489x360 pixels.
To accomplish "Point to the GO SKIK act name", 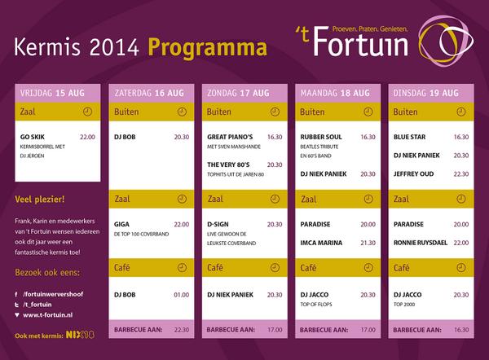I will (32, 137).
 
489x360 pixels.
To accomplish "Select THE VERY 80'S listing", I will (228, 165).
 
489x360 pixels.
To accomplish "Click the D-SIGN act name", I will (219, 224).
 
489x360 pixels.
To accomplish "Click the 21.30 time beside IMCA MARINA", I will (368, 242).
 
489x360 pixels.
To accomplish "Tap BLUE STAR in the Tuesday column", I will (410, 137).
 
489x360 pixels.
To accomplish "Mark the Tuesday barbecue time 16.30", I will (460, 330).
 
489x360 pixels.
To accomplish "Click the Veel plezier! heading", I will (40, 199).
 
